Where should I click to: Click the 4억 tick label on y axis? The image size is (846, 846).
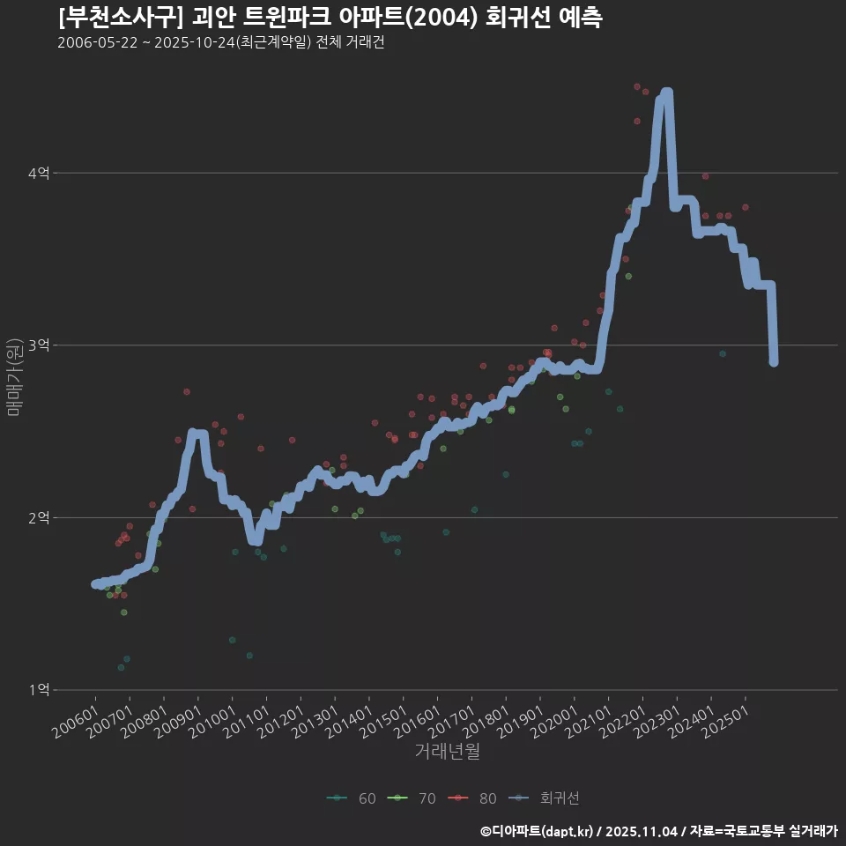click(x=38, y=174)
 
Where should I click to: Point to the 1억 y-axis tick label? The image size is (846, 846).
click(x=38, y=690)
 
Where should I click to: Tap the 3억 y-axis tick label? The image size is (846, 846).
click(x=38, y=345)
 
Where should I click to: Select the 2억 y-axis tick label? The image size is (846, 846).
click(x=38, y=518)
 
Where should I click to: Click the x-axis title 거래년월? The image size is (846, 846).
click(x=447, y=752)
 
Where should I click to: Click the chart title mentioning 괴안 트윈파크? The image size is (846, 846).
click(x=330, y=18)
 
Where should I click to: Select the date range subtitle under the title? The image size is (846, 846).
click(x=220, y=43)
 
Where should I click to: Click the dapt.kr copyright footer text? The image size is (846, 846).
click(x=659, y=830)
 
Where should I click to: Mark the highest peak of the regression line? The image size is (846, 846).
click(x=665, y=93)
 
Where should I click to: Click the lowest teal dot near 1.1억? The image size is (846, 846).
click(x=121, y=667)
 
